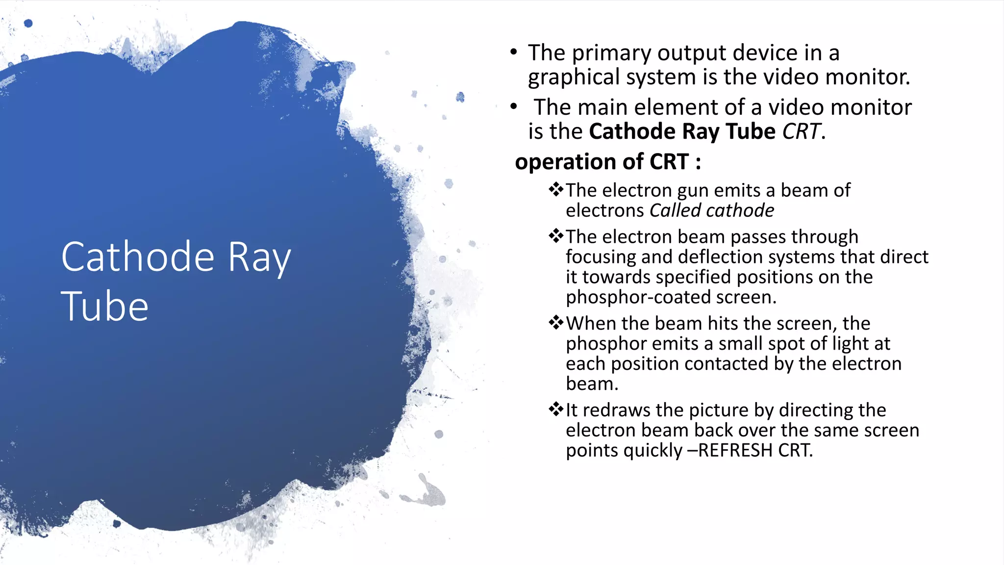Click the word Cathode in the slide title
click(x=138, y=257)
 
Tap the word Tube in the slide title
click(x=104, y=307)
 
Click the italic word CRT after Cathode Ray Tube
click(x=801, y=131)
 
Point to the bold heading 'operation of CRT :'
click(x=608, y=162)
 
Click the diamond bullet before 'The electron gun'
click(x=556, y=189)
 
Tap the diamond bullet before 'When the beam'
click(x=556, y=323)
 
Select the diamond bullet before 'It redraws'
click(x=556, y=409)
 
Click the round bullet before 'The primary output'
click(x=513, y=52)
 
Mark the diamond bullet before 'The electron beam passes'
click(x=556, y=236)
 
